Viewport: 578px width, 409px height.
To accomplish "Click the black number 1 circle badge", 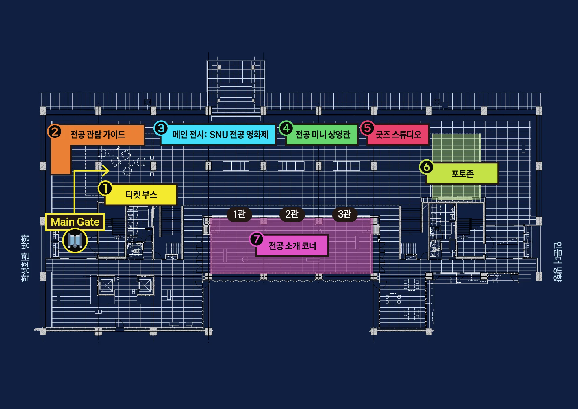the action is click(105, 189).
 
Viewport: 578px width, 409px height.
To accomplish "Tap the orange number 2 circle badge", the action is click(55, 132).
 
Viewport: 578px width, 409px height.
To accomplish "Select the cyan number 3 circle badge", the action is click(161, 128).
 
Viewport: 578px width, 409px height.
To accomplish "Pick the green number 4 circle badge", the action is click(286, 128).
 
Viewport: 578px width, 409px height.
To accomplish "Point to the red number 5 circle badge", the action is click(367, 128).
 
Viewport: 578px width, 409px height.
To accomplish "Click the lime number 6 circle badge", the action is click(427, 167).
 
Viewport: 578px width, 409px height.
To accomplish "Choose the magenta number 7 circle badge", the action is click(256, 239).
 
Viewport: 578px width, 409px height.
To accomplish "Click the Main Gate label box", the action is click(75, 222).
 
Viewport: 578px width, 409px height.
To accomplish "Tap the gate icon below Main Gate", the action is click(75, 240).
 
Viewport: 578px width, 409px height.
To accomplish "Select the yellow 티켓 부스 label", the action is click(141, 194).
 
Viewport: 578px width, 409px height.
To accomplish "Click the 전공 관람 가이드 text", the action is click(98, 135).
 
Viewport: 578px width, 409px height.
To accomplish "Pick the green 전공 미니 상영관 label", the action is click(322, 135).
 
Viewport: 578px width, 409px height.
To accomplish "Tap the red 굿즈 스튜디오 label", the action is click(398, 135).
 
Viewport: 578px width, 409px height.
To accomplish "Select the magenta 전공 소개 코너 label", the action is click(292, 246).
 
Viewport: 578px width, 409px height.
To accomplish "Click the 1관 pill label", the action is click(239, 214).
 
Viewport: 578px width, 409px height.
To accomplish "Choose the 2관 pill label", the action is click(292, 214).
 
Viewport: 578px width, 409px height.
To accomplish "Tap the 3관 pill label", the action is click(344, 214).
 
